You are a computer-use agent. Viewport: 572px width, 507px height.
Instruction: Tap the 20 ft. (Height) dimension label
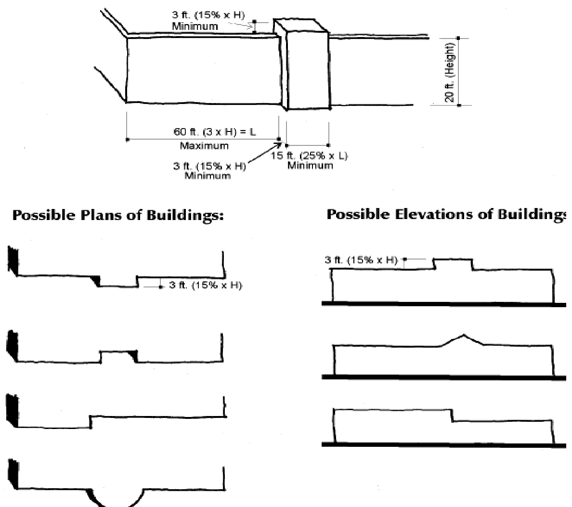450,71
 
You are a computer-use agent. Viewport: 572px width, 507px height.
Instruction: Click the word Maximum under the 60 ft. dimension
204,145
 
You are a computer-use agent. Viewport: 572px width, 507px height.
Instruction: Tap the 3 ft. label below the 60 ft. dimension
209,167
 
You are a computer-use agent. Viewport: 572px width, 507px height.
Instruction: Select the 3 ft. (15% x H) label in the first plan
205,286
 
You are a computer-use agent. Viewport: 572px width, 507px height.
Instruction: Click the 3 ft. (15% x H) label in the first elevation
360,260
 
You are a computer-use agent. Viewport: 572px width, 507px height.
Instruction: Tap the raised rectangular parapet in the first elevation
453,264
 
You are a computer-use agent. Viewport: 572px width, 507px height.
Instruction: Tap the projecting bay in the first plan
117,282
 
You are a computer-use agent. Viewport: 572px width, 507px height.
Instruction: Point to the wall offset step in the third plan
90,421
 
